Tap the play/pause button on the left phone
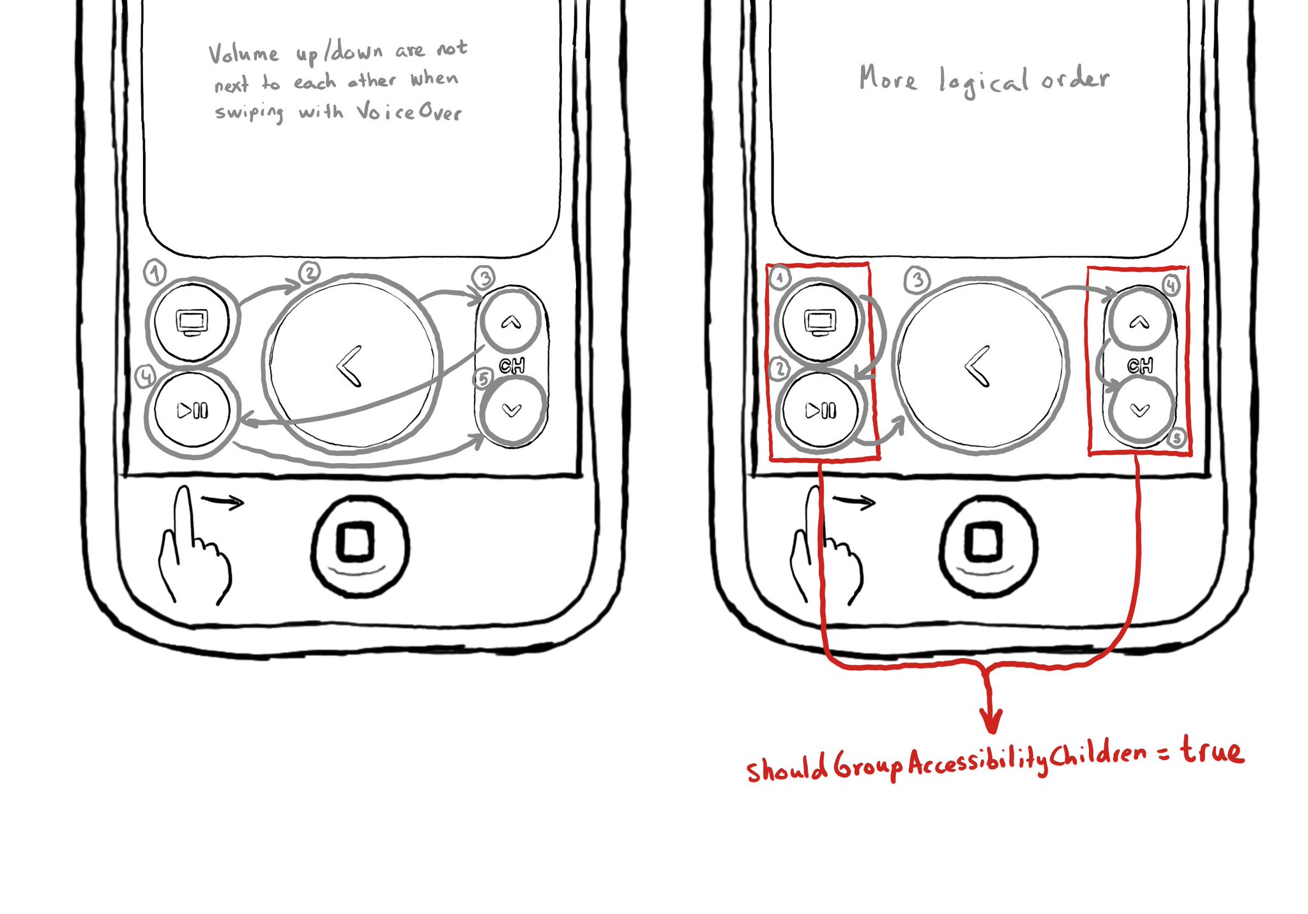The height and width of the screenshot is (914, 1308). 192,411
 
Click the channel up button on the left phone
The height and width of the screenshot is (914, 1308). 511,322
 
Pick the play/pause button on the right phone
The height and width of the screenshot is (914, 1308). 821,410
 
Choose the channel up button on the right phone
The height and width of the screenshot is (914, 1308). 1139,322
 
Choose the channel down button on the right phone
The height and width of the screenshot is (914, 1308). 1140,410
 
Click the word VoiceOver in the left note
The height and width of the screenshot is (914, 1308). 409,112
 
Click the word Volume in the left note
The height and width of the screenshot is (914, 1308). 243,54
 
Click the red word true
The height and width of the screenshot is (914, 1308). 1212,750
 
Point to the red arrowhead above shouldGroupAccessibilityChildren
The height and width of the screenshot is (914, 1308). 991,720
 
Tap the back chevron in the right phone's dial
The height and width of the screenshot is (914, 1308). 977,366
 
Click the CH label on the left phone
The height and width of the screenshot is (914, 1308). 512,366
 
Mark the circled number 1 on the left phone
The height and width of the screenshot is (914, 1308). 155,273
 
